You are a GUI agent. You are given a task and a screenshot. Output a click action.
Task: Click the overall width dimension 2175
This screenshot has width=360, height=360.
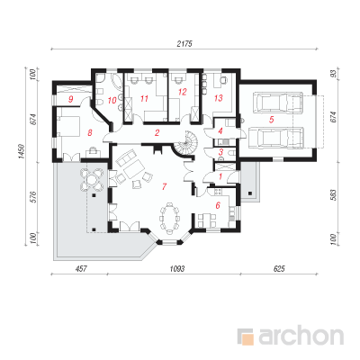[x=184, y=43]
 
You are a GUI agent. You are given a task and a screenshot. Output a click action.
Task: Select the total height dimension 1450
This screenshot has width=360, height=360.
[x=22, y=151]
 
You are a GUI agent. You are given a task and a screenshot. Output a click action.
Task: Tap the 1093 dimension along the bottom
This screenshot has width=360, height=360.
[x=177, y=268]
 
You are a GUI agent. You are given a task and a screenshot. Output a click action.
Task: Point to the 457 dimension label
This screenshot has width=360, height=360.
[x=81, y=268]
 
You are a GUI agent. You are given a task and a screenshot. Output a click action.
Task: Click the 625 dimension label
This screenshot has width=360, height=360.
[x=279, y=268]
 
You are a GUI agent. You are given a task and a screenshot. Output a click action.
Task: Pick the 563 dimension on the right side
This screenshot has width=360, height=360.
[x=334, y=195]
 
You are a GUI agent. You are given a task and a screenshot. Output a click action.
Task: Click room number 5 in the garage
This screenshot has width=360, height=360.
[x=271, y=120]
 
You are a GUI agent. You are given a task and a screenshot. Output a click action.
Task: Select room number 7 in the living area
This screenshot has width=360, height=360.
[x=164, y=186]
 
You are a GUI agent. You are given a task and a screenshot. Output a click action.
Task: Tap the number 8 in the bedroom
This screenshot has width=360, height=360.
[x=89, y=132]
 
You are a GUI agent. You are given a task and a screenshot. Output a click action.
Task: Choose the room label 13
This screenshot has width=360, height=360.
[x=219, y=98]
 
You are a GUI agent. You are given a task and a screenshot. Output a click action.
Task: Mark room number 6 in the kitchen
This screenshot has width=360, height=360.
[x=218, y=205]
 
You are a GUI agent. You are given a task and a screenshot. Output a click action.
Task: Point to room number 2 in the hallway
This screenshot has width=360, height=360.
[x=157, y=132]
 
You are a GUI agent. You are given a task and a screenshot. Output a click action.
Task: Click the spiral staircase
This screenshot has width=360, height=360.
[x=184, y=144]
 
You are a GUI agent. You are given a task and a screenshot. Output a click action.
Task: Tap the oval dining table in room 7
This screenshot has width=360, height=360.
[x=170, y=218]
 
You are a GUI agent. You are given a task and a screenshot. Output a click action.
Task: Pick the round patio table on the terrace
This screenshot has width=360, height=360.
[x=92, y=179]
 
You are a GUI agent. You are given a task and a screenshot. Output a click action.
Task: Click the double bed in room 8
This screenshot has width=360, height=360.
[x=69, y=126]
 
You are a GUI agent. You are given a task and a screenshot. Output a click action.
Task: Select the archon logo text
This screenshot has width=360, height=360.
[x=301, y=337]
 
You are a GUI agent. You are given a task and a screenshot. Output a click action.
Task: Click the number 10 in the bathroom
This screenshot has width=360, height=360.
[x=112, y=100]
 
